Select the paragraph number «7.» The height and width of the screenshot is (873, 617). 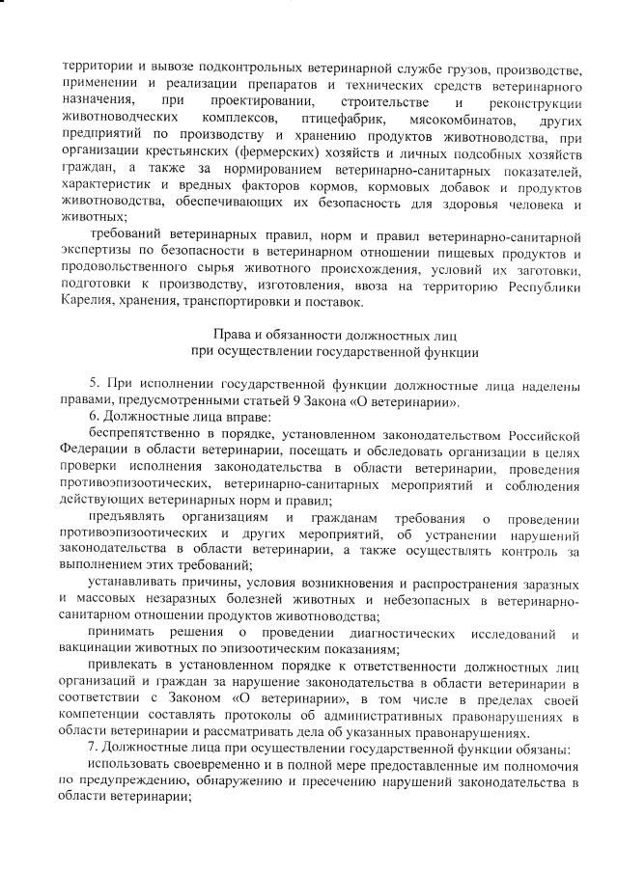coord(94,750)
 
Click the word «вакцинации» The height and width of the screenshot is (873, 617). coord(95,649)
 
